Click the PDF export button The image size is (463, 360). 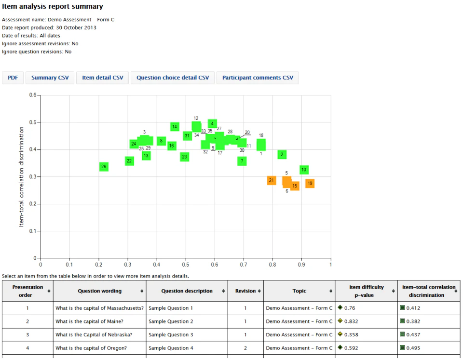coord(13,78)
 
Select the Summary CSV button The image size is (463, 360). coord(50,78)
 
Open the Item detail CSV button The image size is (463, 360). coord(102,78)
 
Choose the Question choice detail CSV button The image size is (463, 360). coord(173,78)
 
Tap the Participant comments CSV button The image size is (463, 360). coord(258,78)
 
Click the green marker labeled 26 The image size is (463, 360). coord(104,167)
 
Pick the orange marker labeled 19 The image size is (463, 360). coord(310,183)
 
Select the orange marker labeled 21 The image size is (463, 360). coord(272,181)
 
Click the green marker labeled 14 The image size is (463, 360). coord(175,127)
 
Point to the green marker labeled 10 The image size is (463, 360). coord(304,170)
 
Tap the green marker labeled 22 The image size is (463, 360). coord(129,161)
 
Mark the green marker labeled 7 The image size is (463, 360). coord(242,161)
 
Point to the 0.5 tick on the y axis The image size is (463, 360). coord(34,122)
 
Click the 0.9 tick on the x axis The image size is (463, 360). coord(302,264)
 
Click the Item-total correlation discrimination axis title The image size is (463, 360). coord(22,177)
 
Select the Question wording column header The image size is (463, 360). coord(100,291)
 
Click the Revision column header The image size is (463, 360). coord(246,291)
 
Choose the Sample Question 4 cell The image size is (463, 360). coord(171,348)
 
